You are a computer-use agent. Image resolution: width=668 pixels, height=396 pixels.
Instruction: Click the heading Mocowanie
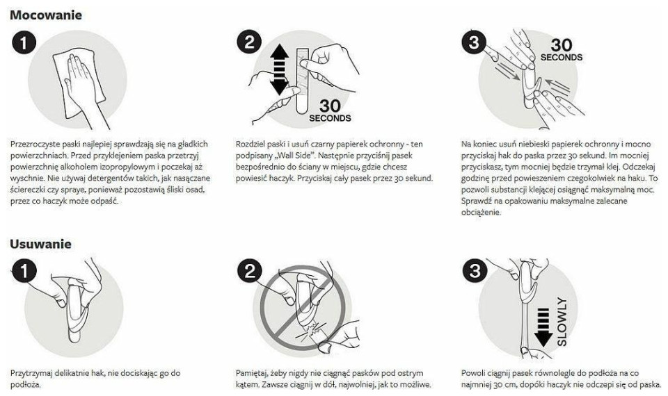click(46, 15)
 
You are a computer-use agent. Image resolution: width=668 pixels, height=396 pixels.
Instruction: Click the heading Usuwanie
click(40, 244)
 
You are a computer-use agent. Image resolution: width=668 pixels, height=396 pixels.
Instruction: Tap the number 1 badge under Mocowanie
click(24, 42)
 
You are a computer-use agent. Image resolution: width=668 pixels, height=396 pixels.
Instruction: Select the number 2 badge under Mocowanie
click(249, 42)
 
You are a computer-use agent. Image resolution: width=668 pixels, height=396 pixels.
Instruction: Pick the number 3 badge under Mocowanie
click(474, 42)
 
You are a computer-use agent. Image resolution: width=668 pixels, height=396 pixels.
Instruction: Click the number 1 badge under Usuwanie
click(24, 271)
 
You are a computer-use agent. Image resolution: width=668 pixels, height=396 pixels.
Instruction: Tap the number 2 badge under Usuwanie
click(249, 271)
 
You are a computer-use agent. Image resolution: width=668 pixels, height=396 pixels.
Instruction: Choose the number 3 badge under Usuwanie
click(474, 271)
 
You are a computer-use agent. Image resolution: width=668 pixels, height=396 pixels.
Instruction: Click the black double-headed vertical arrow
click(280, 69)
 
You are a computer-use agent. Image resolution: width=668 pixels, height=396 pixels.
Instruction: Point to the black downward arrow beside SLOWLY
click(543, 327)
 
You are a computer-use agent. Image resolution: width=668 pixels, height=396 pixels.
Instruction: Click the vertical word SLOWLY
click(562, 322)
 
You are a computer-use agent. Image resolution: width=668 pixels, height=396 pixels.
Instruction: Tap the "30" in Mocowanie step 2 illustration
click(330, 106)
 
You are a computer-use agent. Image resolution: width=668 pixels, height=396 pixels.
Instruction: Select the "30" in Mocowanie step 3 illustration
click(562, 44)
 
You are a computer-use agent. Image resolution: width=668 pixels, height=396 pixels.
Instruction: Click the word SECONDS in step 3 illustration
click(562, 57)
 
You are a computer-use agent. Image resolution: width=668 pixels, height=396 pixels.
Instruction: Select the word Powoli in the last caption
click(473, 373)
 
